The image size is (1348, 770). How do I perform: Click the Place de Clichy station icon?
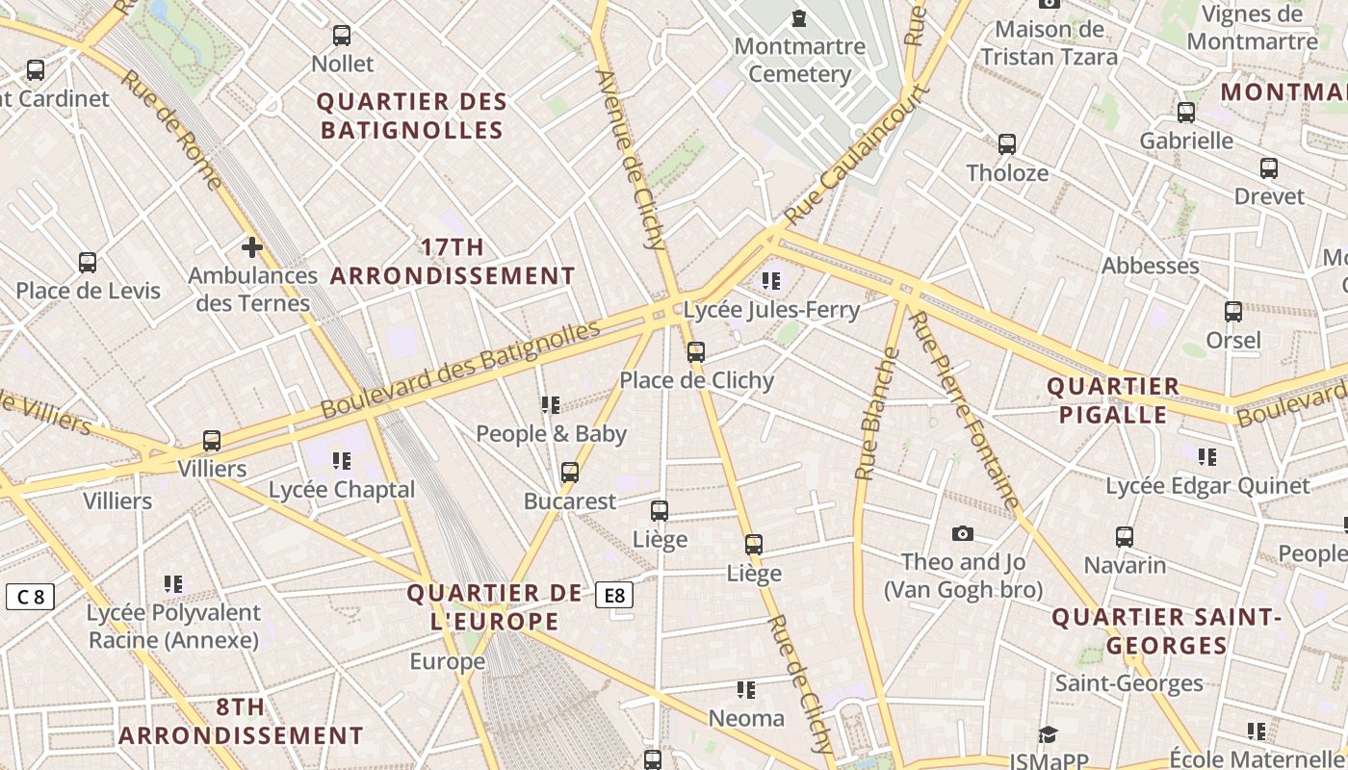coord(696,352)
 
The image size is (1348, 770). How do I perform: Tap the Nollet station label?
coord(343,64)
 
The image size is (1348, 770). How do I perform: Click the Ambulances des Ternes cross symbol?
coord(252,248)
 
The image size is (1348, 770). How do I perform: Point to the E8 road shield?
coord(615,596)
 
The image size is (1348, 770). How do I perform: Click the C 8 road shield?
coord(29,597)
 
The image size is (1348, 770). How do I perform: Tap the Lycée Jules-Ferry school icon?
coord(770,281)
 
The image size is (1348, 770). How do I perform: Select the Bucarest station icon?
coord(570,473)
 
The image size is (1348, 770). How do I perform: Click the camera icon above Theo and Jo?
coord(962,534)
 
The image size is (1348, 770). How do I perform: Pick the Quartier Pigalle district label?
coord(1113,400)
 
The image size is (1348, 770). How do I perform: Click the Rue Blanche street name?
coord(877,414)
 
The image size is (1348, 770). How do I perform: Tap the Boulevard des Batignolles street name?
coord(460,370)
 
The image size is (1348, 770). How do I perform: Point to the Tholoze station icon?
coord(1007,144)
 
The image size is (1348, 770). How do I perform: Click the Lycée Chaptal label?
coord(342,490)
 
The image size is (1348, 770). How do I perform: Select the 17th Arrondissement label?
coord(453,262)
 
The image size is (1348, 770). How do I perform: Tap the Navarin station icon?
coord(1125,537)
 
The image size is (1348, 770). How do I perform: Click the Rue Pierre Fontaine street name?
coord(963,409)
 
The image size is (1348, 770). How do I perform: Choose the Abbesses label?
coord(1151,266)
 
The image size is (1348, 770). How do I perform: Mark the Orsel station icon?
coord(1233,312)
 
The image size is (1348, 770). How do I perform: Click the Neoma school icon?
coord(746,690)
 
